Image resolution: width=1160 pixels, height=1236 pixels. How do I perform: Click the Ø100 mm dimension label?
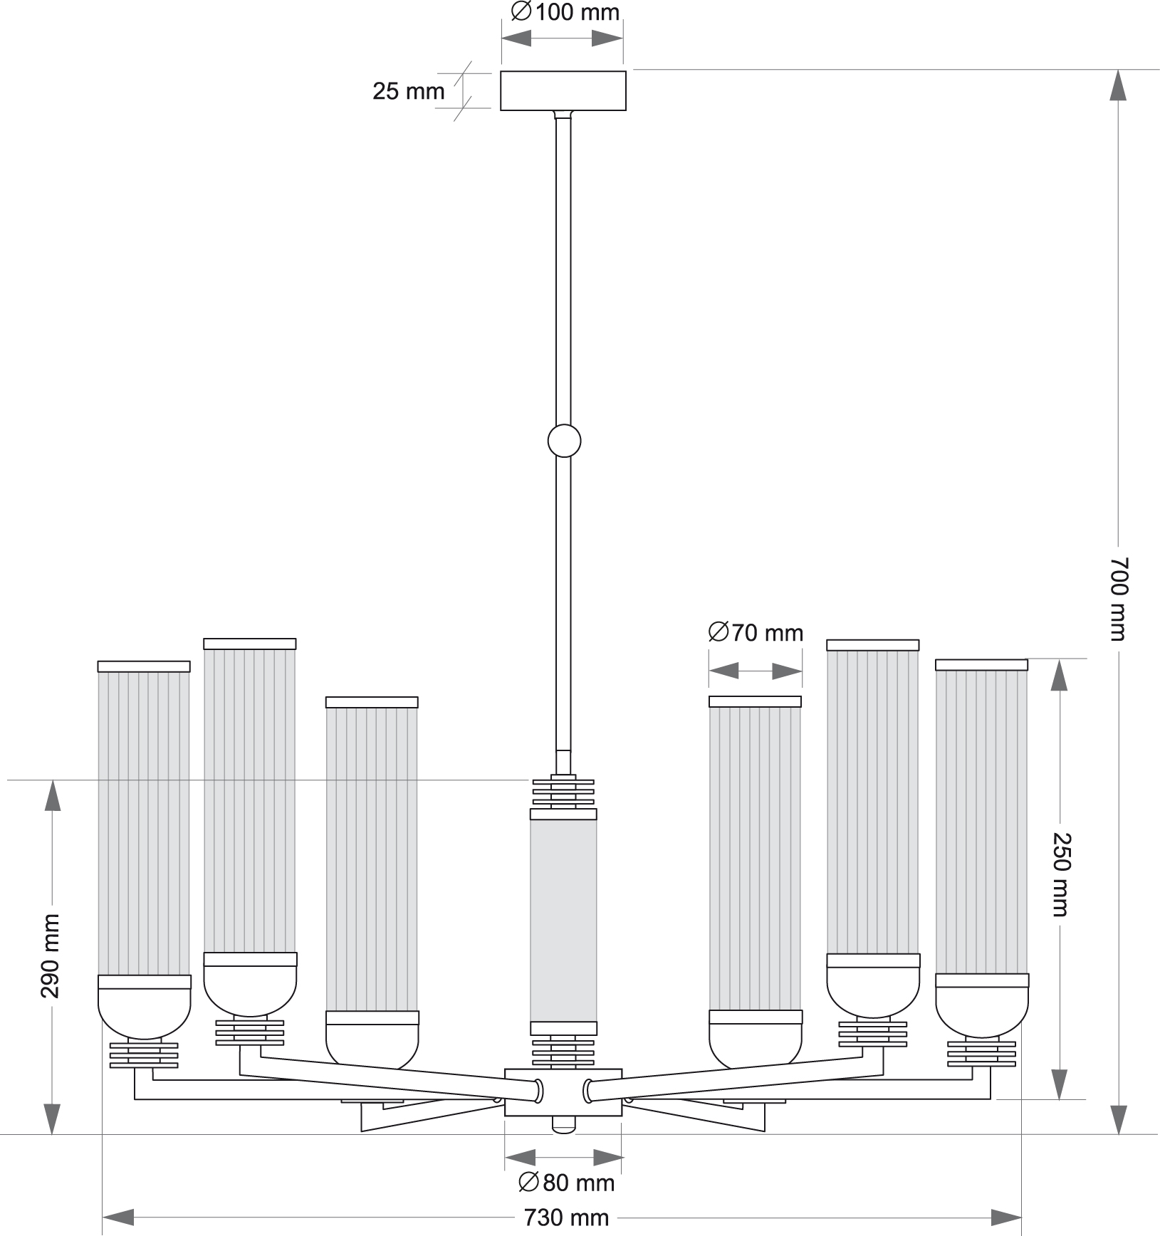565,12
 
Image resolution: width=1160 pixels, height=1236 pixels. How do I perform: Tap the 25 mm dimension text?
408,92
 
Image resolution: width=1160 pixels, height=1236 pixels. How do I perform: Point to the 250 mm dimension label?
1060,874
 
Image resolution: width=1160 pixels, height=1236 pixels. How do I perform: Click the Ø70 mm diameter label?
756,632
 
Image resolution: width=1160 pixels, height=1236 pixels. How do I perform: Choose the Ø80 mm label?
565,1183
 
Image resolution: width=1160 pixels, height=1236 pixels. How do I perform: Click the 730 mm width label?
566,1217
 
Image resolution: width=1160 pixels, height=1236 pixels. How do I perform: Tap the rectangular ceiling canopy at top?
563,90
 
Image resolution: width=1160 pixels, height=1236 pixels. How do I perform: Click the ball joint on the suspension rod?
564,441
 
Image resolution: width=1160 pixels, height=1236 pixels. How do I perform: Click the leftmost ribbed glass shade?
144,822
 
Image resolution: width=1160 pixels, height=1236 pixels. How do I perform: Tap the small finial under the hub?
563,1124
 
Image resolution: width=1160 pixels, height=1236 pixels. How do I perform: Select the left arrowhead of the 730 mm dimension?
118,1217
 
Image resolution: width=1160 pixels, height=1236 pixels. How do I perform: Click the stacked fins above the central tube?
563,792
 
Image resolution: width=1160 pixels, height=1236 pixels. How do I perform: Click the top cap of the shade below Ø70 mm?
755,701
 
